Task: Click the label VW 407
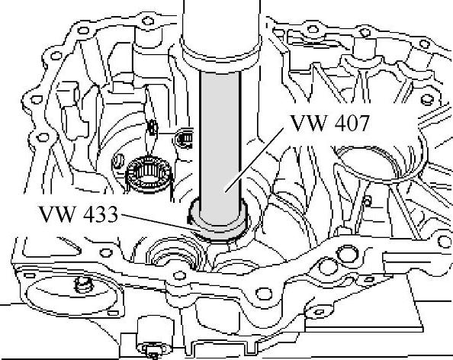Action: point(330,123)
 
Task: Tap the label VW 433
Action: point(79,214)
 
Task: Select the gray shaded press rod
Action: point(220,147)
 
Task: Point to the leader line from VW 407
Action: point(254,159)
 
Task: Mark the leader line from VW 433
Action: point(158,222)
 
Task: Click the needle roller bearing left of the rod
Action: point(148,173)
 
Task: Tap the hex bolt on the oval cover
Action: point(85,284)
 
